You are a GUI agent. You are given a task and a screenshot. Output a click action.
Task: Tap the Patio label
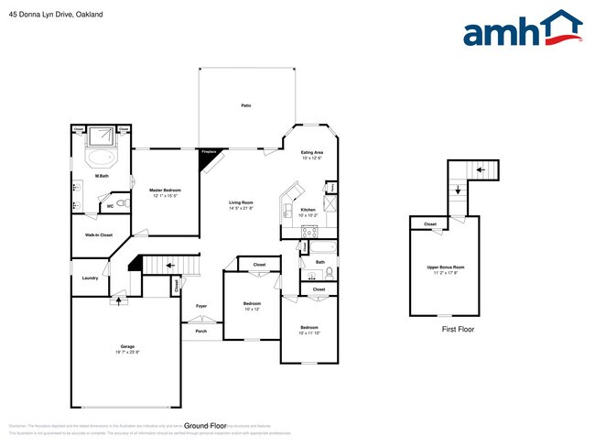click(x=246, y=106)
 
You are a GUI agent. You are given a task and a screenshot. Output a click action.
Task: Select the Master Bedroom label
click(x=162, y=191)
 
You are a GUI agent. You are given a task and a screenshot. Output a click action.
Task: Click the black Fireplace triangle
click(x=209, y=159)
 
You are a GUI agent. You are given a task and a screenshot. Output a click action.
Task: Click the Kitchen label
click(x=308, y=211)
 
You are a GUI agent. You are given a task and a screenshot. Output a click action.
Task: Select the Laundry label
click(x=90, y=278)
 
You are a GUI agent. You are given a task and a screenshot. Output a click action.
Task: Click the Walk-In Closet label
click(x=99, y=235)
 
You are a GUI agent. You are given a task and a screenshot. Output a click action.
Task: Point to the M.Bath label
click(x=103, y=175)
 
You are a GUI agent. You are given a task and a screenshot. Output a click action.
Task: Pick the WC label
click(x=111, y=206)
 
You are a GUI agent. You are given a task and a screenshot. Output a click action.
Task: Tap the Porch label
click(x=201, y=332)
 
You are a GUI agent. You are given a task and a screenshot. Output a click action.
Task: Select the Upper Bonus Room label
click(x=446, y=268)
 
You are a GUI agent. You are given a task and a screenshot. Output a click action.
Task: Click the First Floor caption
click(x=458, y=329)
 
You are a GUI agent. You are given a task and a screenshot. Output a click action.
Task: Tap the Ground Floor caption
click(x=205, y=426)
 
